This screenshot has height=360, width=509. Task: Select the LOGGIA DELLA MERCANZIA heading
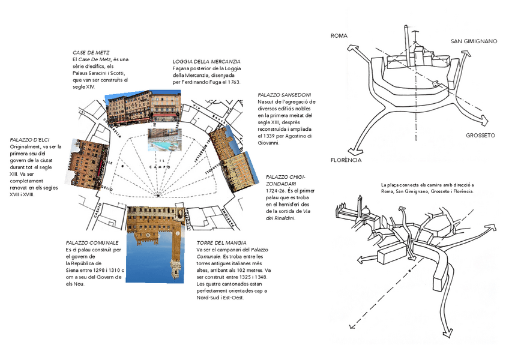(x=206, y=62)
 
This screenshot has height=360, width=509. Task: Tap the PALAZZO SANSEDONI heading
(x=285, y=95)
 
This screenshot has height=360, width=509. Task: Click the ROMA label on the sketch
(x=339, y=36)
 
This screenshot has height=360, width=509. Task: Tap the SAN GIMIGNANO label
(x=474, y=41)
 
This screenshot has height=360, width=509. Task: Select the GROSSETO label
(x=480, y=136)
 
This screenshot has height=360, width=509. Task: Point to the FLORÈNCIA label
(x=346, y=160)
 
